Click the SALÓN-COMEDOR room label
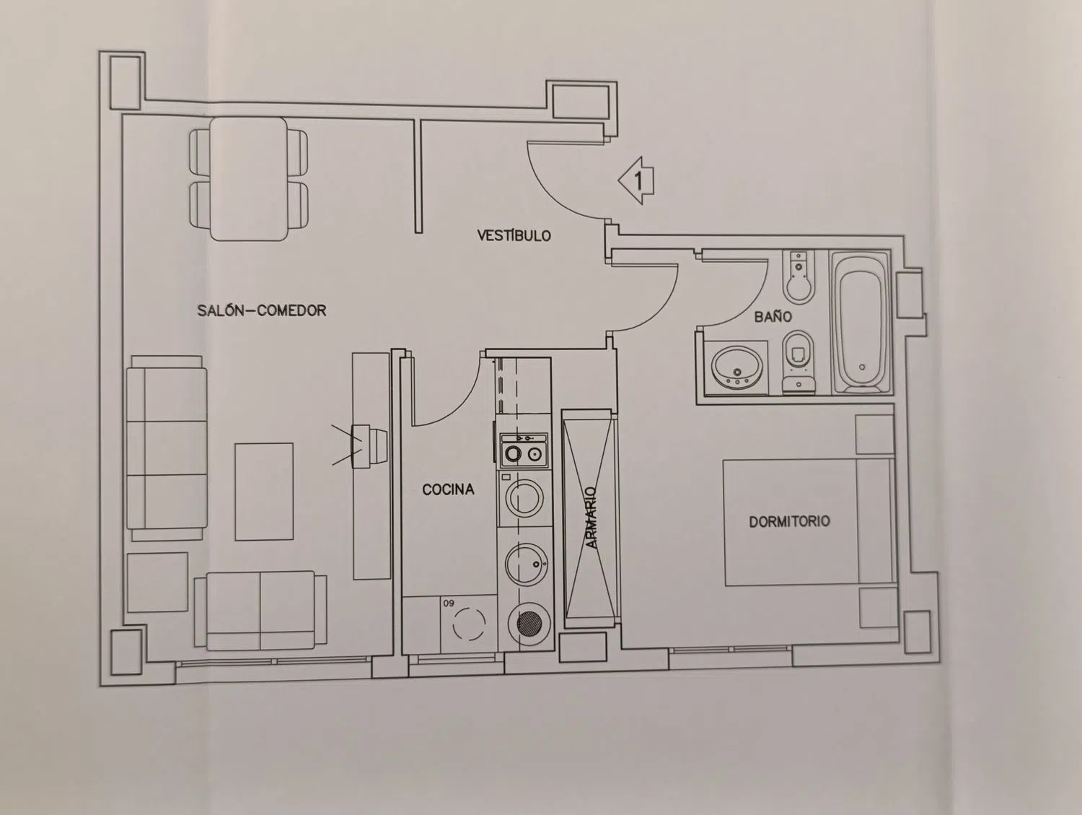point(262,310)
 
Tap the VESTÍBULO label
point(514,235)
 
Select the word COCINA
point(448,489)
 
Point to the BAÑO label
point(773,317)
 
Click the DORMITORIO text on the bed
point(789,521)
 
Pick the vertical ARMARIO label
point(591,518)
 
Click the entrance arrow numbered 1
point(636,180)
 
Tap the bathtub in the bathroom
point(861,323)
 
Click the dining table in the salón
point(248,179)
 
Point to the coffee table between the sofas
point(264,492)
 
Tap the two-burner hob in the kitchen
point(524,450)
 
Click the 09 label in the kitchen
point(449,603)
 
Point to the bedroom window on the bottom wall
point(731,650)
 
